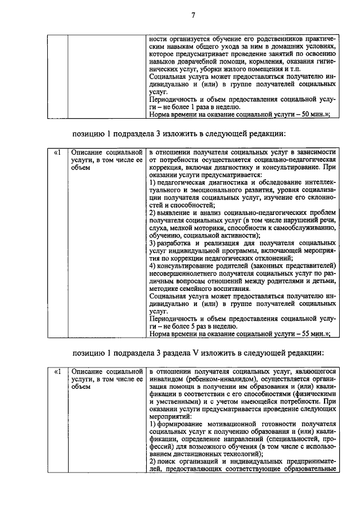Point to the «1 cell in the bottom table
point(56,372)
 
